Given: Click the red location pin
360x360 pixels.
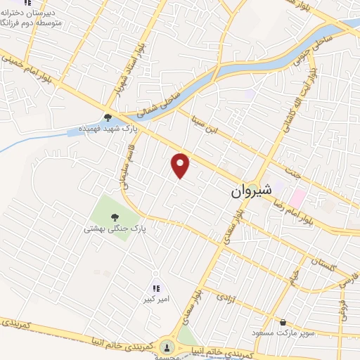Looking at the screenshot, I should pyautogui.click(x=181, y=166).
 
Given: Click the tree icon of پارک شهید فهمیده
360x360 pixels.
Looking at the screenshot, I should pyautogui.click(x=108, y=118).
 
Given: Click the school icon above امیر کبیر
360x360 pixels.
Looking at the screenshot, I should pyautogui.click(x=156, y=288).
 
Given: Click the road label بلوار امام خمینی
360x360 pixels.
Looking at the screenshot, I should pyautogui.click(x=31, y=72).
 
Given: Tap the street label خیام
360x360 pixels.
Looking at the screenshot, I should pyautogui.click(x=296, y=276).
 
